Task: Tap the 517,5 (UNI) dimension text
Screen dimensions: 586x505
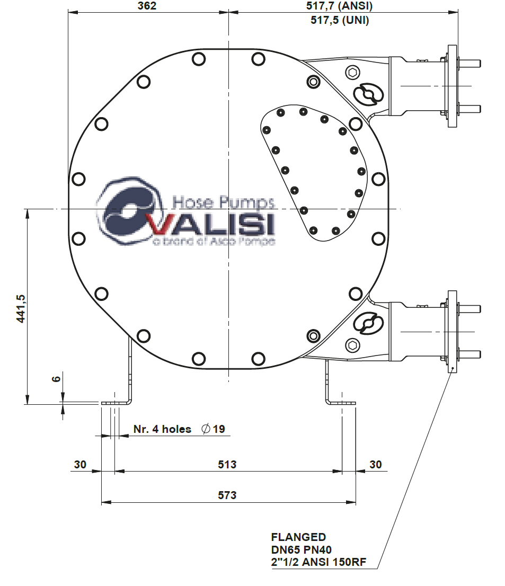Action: tap(339, 20)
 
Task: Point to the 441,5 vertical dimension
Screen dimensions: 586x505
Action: tap(22, 308)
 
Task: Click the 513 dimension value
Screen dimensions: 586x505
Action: tap(227, 465)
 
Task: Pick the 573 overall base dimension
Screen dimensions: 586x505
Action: tap(227, 495)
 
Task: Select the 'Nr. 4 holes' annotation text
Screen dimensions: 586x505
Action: tap(162, 429)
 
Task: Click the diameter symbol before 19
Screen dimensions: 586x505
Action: tap(206, 429)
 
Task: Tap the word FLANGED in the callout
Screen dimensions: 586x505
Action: tap(298, 537)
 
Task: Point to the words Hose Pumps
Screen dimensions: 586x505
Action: tap(224, 202)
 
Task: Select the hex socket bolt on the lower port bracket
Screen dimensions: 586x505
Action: tap(352, 345)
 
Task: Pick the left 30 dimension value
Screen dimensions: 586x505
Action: tap(80, 465)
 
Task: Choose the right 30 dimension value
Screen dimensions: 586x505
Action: tap(375, 465)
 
